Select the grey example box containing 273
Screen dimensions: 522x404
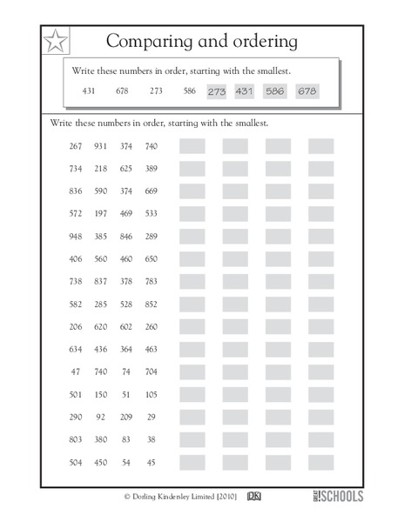(x=217, y=90)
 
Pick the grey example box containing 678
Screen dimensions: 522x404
(x=306, y=90)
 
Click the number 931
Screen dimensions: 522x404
(x=100, y=146)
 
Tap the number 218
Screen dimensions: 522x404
(x=100, y=168)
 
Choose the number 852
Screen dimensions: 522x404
(x=151, y=304)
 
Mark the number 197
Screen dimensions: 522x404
(x=100, y=213)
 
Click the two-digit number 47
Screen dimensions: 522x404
(x=76, y=371)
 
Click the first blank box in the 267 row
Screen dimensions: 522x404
(x=192, y=146)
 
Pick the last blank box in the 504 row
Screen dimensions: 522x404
(x=320, y=462)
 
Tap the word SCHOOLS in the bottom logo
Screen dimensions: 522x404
(x=341, y=497)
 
